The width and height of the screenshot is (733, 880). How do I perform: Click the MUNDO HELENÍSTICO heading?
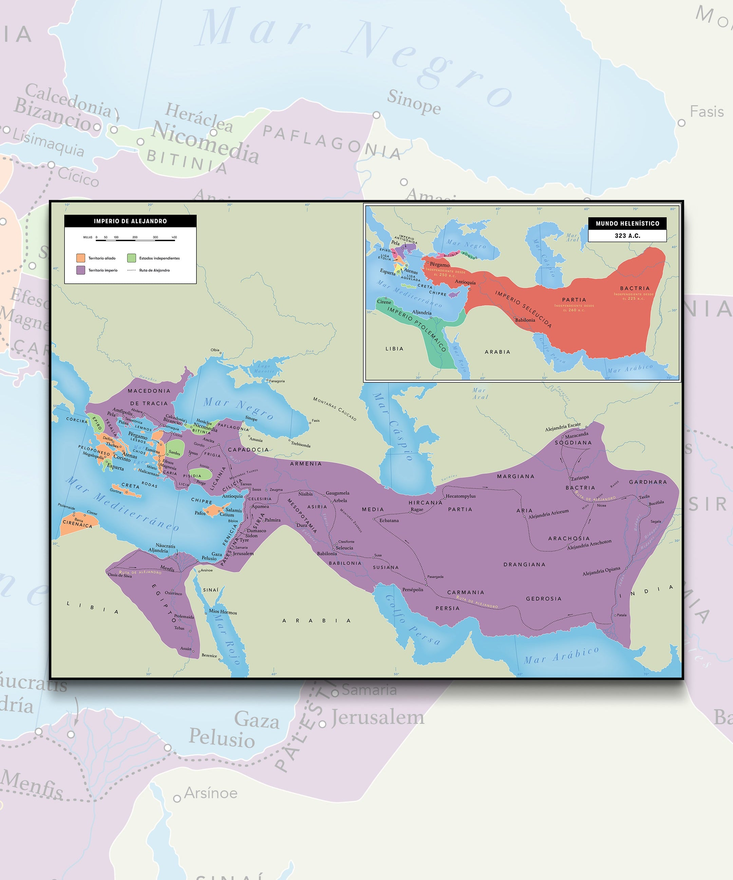(627, 223)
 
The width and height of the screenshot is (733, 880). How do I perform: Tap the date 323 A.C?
(627, 236)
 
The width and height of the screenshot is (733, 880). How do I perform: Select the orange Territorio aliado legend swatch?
(81, 258)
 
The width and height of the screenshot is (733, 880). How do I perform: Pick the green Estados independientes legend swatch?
(132, 258)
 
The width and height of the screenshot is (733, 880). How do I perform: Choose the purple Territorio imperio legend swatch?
(81, 270)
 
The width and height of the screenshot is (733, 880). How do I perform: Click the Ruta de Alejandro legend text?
(154, 270)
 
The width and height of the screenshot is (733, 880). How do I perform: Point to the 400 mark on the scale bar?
(174, 238)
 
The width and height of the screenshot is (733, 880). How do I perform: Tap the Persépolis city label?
(413, 590)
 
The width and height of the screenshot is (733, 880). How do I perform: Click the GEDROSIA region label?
(544, 599)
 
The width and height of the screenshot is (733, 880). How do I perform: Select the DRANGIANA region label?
(524, 565)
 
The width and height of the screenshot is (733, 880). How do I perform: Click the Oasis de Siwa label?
(120, 575)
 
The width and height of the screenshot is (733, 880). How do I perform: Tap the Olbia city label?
(215, 350)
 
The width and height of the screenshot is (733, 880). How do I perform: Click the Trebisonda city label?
(301, 445)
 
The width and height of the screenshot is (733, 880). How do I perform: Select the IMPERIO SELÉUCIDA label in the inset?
(523, 309)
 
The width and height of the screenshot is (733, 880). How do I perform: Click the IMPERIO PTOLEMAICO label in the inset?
(416, 329)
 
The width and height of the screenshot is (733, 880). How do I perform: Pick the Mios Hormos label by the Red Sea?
(223, 611)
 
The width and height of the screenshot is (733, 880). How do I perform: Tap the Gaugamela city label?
(337, 493)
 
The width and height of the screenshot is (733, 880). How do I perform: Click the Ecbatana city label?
(389, 520)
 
